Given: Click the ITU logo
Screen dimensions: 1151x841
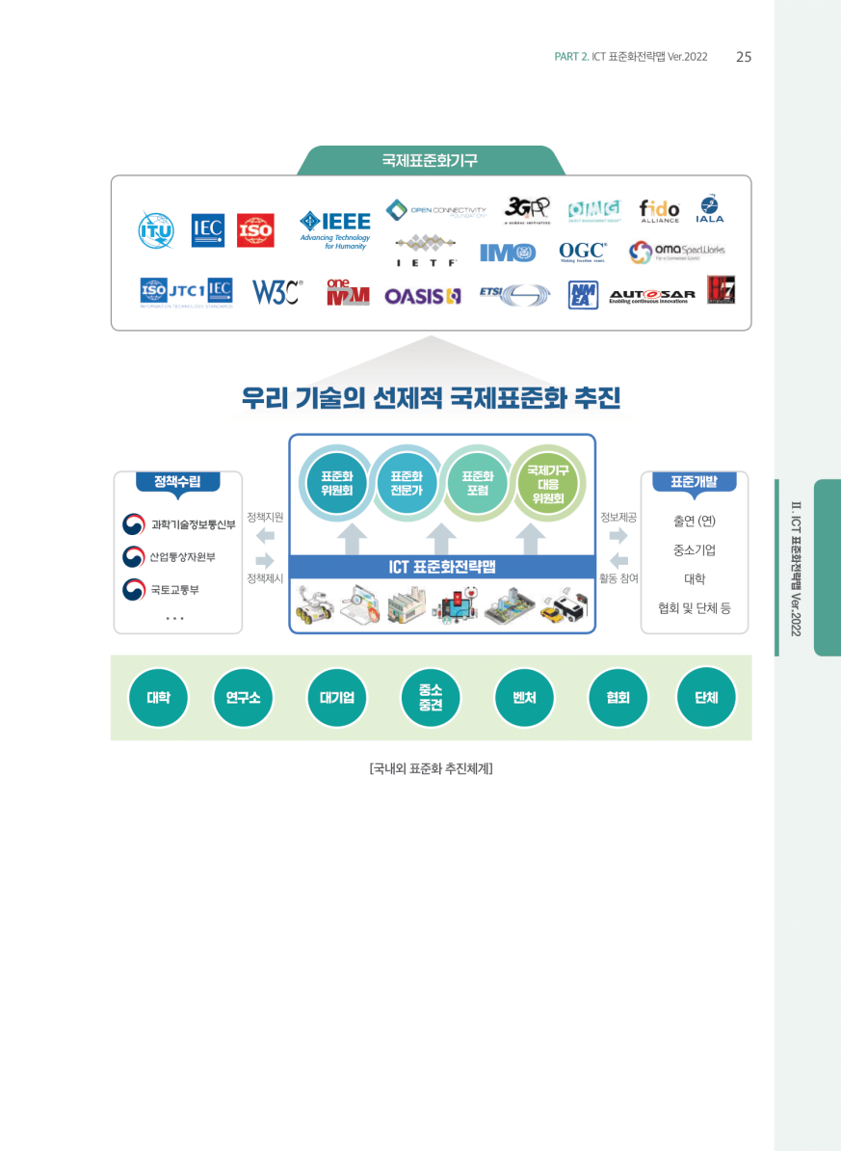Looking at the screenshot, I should pyautogui.click(x=156, y=230).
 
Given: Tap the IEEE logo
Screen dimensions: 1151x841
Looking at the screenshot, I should pyautogui.click(x=334, y=228).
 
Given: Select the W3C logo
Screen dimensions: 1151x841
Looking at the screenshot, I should pyautogui.click(x=276, y=291).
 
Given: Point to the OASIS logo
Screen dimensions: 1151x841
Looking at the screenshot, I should pyautogui.click(x=423, y=296).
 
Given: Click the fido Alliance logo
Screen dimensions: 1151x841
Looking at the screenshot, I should pyautogui.click(x=659, y=209).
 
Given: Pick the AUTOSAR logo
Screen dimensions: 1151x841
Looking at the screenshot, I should pyautogui.click(x=652, y=296).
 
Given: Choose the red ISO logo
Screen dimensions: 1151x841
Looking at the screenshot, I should pyautogui.click(x=255, y=230).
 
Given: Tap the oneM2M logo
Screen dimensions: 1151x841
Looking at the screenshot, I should pyautogui.click(x=347, y=292).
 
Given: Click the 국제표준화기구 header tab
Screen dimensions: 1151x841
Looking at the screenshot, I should pyautogui.click(x=430, y=160).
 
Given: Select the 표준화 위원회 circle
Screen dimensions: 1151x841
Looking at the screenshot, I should pyautogui.click(x=336, y=482).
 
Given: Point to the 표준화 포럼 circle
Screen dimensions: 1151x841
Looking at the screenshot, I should pyautogui.click(x=477, y=482).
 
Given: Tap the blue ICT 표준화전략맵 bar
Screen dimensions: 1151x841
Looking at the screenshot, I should pyautogui.click(x=442, y=567).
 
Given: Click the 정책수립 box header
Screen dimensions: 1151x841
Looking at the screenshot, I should pyautogui.click(x=177, y=481).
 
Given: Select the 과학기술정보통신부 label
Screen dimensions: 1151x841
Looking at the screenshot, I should pyautogui.click(x=193, y=524).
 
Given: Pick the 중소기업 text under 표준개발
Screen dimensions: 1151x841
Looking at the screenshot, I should pyautogui.click(x=694, y=550).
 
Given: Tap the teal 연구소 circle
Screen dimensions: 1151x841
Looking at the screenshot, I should pyautogui.click(x=243, y=697).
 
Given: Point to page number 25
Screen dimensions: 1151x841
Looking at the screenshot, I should pyautogui.click(x=743, y=57).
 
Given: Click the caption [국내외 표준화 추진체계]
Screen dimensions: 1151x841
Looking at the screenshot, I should pyautogui.click(x=431, y=769).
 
